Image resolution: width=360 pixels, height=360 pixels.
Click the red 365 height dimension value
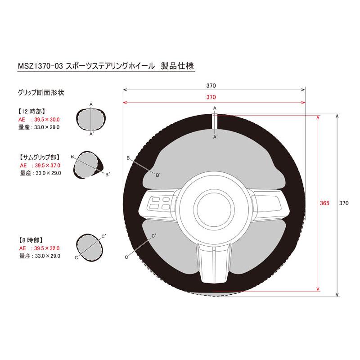[x=324, y=203]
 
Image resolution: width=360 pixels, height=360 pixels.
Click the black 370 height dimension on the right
[x=344, y=203]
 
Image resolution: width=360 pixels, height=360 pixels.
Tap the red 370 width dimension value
[x=211, y=97]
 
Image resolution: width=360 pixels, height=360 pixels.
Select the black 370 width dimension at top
[x=211, y=85]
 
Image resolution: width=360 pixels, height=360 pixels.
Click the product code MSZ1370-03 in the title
[x=40, y=66]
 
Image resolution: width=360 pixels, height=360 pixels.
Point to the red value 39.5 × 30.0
[x=47, y=120]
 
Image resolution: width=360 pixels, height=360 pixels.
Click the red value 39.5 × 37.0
[x=48, y=166]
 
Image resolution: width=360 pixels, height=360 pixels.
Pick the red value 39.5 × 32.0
[x=47, y=248]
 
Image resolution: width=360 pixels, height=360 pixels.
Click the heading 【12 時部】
[x=31, y=112]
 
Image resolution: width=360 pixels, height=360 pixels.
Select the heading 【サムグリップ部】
[x=40, y=157]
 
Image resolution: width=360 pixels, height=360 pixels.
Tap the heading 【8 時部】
[x=31, y=240]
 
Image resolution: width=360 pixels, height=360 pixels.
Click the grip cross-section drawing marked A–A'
[x=91, y=120]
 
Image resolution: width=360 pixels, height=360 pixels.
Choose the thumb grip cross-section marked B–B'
[x=88, y=165]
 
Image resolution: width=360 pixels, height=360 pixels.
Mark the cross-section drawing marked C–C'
[x=89, y=247]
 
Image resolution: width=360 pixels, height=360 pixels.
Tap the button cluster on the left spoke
[x=160, y=203]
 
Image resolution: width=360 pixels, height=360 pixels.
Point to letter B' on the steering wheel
[x=158, y=175]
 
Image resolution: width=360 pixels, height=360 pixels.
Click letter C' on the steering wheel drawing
[x=153, y=236]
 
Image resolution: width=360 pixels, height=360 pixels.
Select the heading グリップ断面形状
[x=41, y=93]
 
